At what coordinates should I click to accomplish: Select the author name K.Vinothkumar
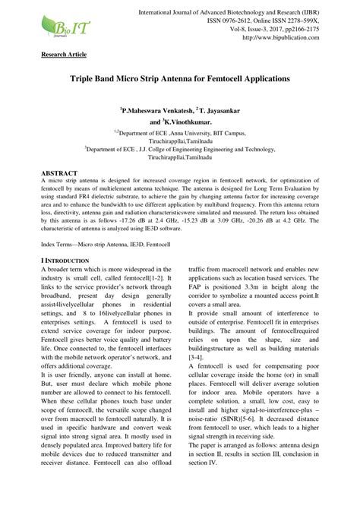[x=188, y=121]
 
